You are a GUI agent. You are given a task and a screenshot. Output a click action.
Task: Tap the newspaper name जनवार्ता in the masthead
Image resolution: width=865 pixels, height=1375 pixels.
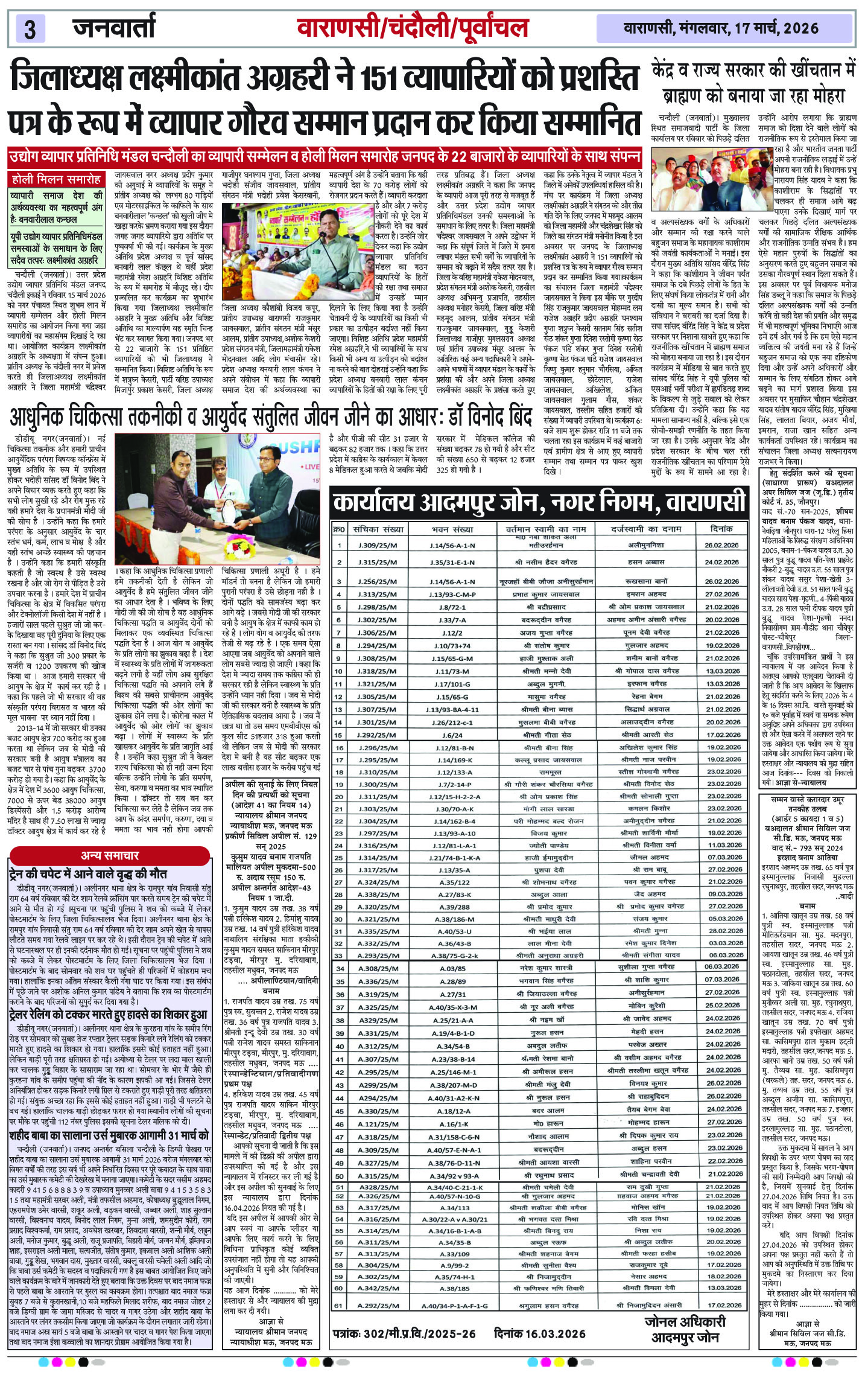pyautogui.click(x=115, y=28)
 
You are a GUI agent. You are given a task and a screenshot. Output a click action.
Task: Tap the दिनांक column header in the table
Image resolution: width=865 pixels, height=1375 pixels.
pyautogui.click(x=721, y=529)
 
